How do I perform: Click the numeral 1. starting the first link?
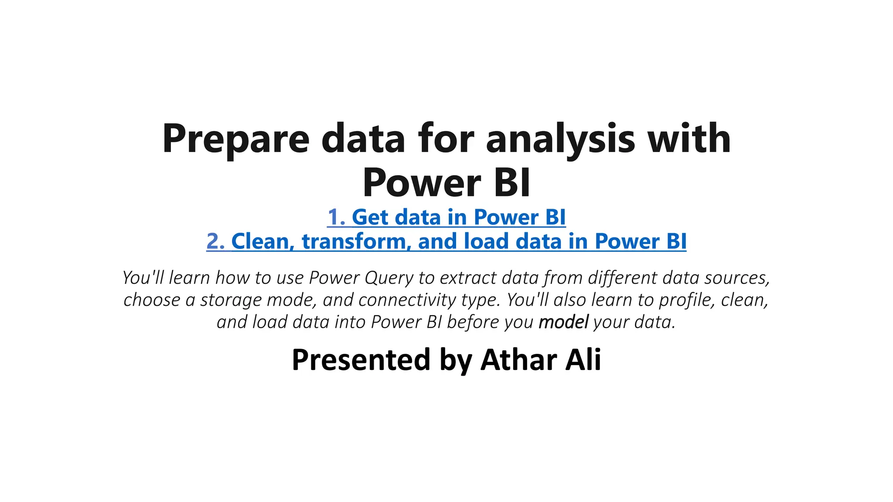(x=336, y=217)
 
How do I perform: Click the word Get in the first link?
(x=370, y=217)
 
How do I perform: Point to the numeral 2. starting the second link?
(x=215, y=241)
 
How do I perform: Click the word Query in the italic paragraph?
(x=389, y=278)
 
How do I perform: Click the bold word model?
(x=563, y=322)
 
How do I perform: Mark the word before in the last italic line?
(x=473, y=322)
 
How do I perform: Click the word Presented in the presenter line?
(x=361, y=360)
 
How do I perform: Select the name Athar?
(x=518, y=360)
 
